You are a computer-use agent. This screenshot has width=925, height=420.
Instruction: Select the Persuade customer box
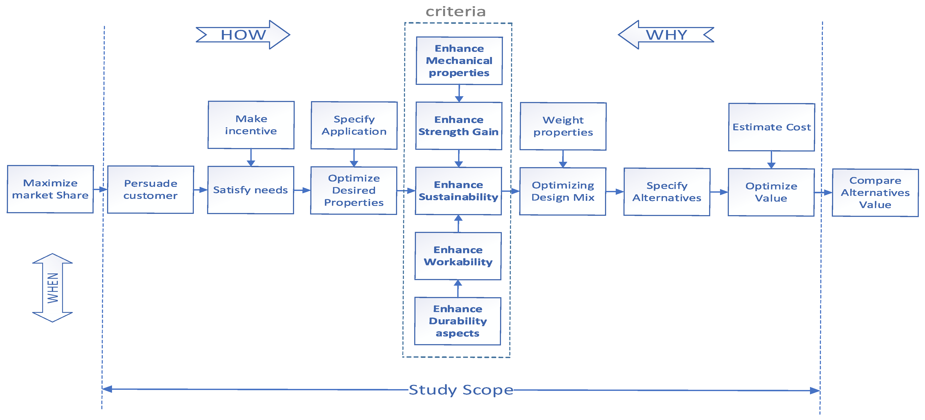tap(151, 189)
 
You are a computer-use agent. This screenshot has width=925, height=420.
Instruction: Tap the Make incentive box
tap(251, 125)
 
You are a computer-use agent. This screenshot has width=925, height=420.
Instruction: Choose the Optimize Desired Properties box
tap(354, 190)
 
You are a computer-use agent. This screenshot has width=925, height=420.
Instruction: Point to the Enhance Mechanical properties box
tap(459, 61)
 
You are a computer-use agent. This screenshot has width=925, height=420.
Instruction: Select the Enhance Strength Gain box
tap(459, 126)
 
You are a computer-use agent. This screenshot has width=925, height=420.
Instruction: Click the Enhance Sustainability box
tap(459, 191)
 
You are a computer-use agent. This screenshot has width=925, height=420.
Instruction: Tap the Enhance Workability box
tap(458, 256)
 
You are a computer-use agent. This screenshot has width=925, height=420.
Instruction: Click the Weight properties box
tap(563, 126)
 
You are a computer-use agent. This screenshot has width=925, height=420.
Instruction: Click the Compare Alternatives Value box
tap(875, 193)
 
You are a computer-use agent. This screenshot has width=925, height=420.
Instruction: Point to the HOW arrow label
tap(243, 35)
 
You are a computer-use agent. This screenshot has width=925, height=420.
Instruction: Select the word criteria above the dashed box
tap(456, 12)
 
